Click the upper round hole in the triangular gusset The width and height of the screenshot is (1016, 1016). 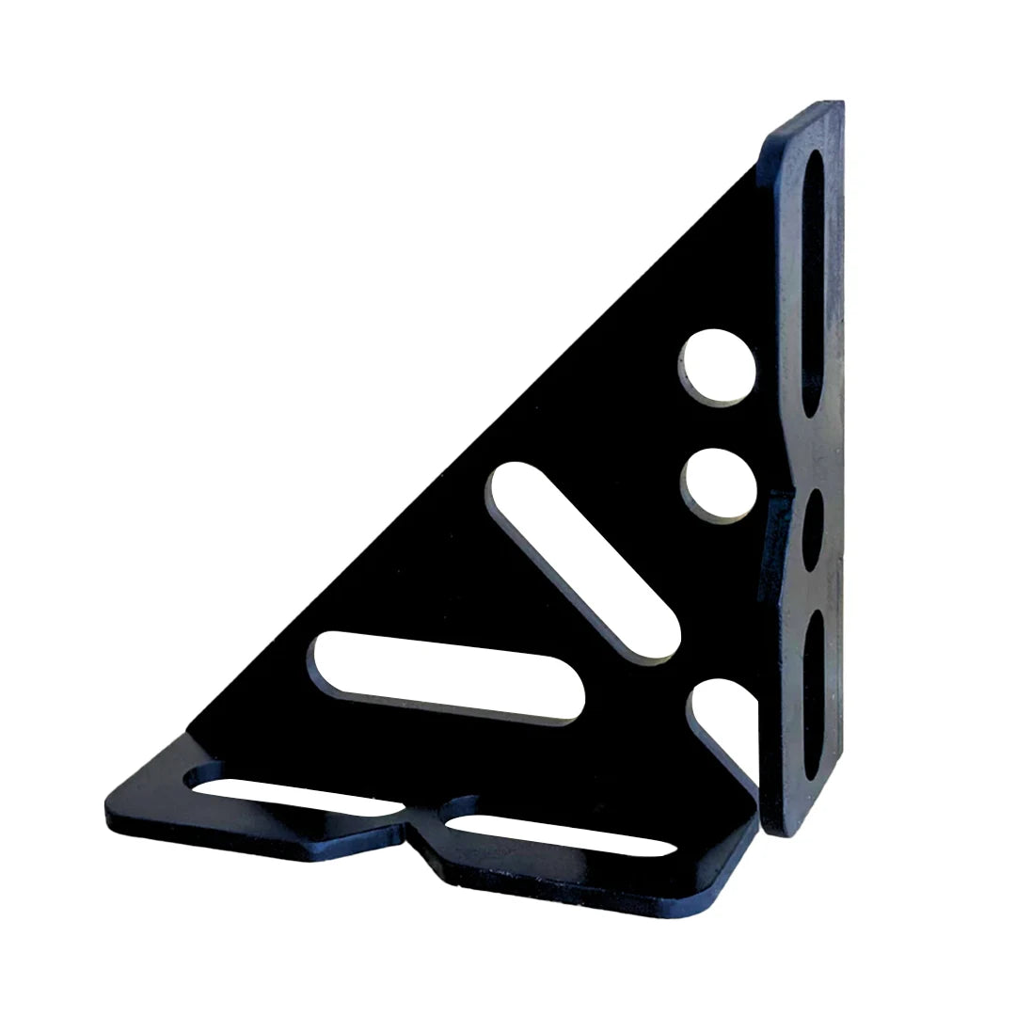point(718,367)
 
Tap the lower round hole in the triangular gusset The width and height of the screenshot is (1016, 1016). point(719,483)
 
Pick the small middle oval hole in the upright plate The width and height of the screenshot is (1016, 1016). point(813,530)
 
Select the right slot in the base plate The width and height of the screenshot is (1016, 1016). point(561,833)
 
